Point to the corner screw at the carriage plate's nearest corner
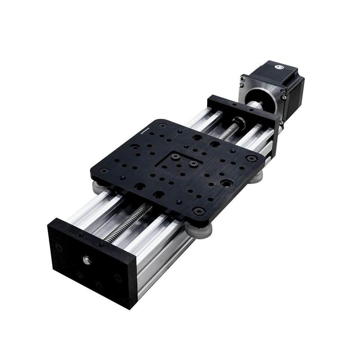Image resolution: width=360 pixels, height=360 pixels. [198, 210]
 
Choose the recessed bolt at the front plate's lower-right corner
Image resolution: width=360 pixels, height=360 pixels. [118, 278]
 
